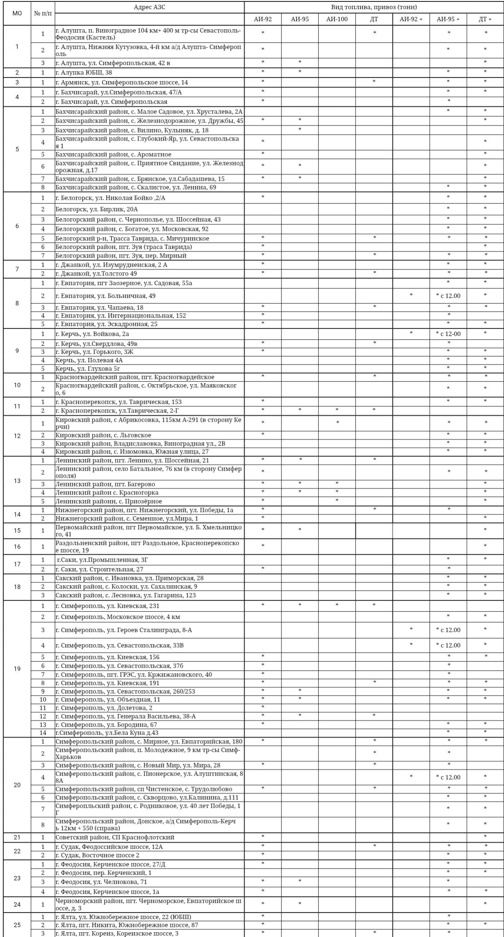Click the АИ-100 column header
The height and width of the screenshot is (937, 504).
[337, 19]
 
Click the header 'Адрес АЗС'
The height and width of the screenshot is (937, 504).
[149, 7]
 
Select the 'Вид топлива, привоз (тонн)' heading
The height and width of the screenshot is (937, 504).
[374, 7]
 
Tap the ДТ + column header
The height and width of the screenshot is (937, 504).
[485, 19]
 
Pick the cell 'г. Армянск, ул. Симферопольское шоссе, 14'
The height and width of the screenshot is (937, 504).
[122, 82]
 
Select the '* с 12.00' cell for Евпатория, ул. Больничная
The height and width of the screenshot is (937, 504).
[448, 296]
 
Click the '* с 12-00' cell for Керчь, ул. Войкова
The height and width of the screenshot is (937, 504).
[448, 334]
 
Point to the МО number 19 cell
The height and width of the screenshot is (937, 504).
[17, 669]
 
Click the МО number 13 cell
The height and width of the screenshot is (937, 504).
[17, 481]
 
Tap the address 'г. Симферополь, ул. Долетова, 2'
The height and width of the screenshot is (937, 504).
[104, 708]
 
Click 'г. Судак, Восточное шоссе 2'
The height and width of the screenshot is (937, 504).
[97, 855]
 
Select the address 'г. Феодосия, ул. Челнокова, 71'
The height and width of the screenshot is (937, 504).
[101, 882]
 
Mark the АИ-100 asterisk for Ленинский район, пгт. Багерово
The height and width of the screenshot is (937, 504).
[337, 484]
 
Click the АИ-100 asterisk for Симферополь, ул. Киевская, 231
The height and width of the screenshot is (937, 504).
[337, 605]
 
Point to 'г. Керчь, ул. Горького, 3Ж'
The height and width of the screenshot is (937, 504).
[94, 352]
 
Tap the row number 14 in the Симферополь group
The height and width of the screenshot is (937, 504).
[43, 733]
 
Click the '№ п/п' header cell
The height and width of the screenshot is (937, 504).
[43, 14]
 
